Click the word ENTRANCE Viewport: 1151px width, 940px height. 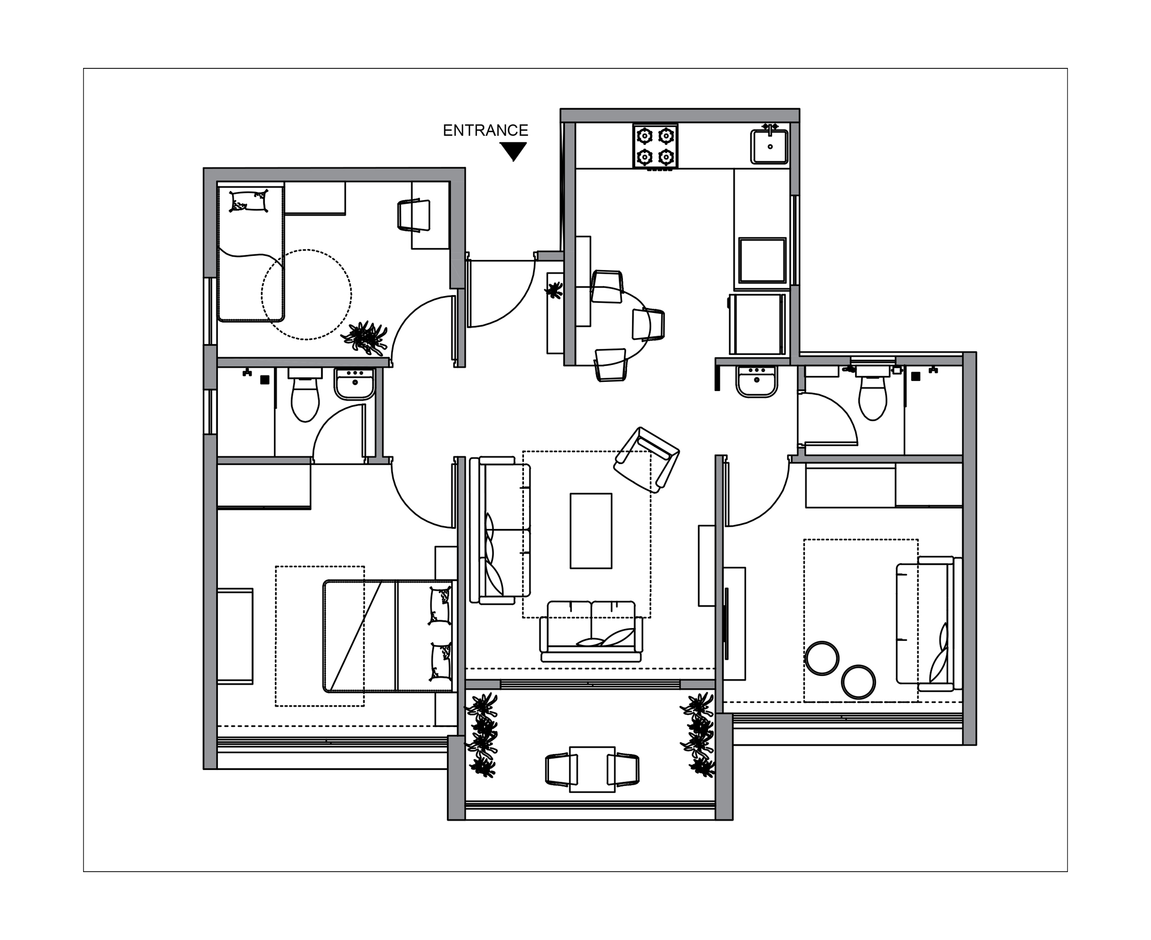[x=485, y=131]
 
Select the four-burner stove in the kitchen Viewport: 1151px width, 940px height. [x=655, y=146]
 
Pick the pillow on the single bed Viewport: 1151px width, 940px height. [x=249, y=201]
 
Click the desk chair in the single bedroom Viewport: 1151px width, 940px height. [x=414, y=215]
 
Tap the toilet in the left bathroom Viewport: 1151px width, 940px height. [x=305, y=394]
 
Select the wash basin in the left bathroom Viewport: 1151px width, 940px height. [x=355, y=383]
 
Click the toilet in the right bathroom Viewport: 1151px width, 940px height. [x=872, y=393]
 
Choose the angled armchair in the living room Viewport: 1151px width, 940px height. [x=646, y=460]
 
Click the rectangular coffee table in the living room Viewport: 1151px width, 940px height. [x=591, y=531]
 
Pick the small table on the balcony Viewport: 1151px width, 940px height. [x=592, y=769]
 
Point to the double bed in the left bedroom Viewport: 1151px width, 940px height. [x=387, y=636]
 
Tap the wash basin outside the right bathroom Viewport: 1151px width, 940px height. [x=757, y=382]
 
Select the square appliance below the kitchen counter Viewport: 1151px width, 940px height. [x=762, y=260]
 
